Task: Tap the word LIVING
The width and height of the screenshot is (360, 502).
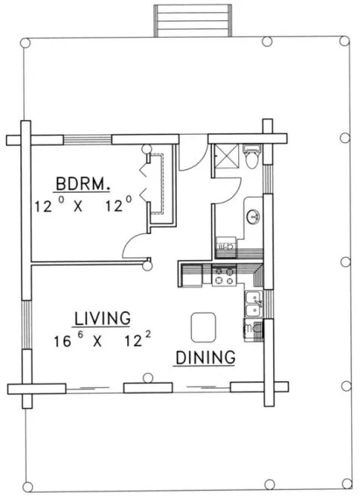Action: point(102,318)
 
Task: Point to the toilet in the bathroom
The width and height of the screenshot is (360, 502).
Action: point(253,157)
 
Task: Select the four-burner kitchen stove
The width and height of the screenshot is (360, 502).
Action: point(223,277)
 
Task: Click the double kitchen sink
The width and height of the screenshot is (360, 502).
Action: point(254,304)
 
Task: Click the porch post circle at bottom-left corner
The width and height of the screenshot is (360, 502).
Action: point(28,485)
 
